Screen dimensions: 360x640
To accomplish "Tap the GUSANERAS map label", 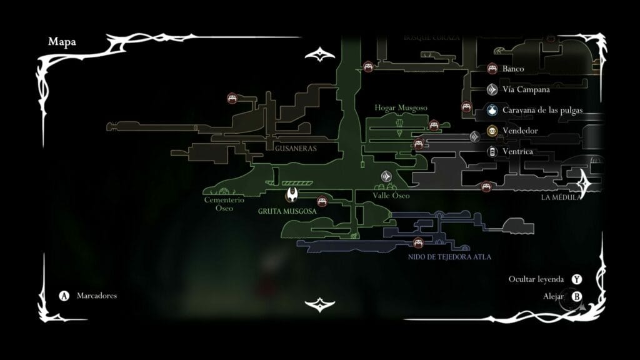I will tap(296, 149).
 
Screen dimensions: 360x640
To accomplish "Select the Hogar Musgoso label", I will tap(401, 108).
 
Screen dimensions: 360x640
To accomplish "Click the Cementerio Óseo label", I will tap(219, 204).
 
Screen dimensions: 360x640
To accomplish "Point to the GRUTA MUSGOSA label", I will tap(287, 211).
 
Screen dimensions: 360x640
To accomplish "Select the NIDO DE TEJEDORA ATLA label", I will tap(449, 256).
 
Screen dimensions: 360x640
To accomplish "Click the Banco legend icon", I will tap(492, 69).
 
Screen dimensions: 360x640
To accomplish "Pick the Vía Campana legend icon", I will tap(492, 89).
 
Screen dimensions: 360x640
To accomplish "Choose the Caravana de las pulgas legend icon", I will tap(492, 110).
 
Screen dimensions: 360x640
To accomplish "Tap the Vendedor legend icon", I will tap(492, 131).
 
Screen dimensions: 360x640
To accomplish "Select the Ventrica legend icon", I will tap(492, 151).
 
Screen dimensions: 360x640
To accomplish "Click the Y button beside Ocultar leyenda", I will tap(577, 279).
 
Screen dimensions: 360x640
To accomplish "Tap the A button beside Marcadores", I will tap(63, 296).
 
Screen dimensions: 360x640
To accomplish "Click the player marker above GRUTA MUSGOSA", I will tap(291, 195).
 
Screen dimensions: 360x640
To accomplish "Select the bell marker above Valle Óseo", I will tap(386, 176).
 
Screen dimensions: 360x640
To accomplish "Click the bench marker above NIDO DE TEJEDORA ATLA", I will tap(419, 242).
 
